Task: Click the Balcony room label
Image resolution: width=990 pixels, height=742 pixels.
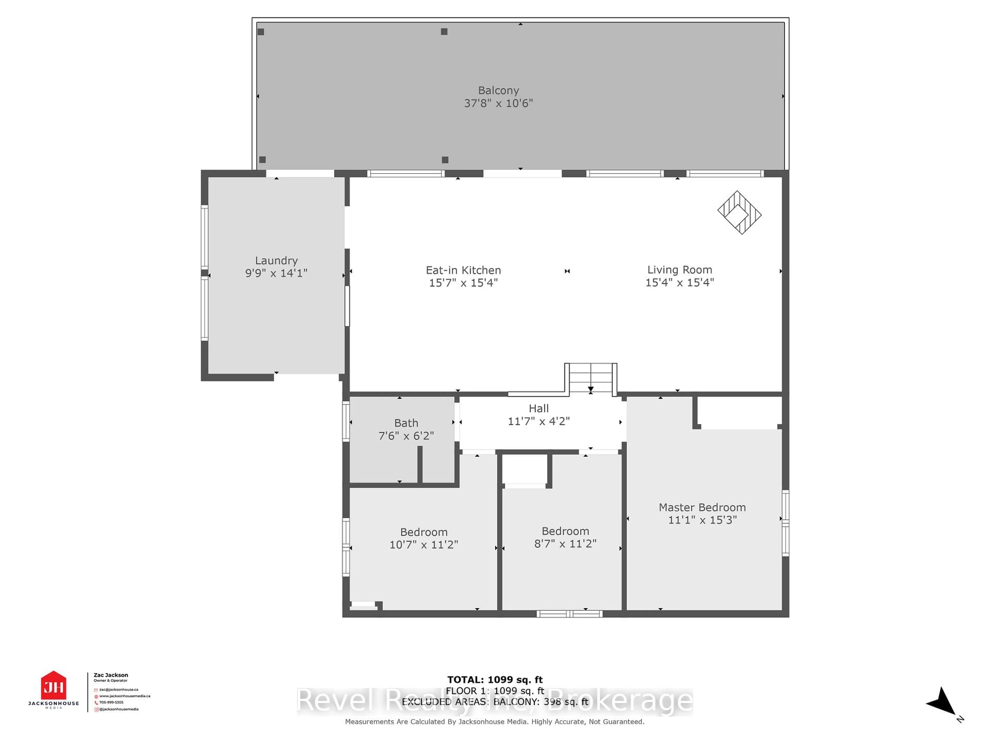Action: click(498, 90)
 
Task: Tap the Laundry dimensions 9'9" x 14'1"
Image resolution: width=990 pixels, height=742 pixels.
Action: click(276, 273)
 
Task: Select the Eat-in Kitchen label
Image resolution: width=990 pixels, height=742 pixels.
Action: click(463, 270)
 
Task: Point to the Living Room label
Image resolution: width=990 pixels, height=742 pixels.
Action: click(679, 270)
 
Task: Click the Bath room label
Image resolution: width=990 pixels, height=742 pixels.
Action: click(406, 423)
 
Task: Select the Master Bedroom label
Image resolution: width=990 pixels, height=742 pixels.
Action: click(702, 507)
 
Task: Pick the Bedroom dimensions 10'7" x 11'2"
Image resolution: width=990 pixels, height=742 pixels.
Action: click(423, 544)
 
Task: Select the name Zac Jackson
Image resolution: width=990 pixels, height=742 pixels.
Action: click(111, 675)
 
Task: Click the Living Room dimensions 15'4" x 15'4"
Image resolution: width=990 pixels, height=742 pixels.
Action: click(679, 282)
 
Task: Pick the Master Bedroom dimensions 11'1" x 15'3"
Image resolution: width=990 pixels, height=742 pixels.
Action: click(702, 520)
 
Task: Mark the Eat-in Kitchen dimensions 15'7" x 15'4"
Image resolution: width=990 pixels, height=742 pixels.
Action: click(463, 283)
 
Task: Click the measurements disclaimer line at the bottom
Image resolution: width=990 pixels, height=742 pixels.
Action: click(494, 721)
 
